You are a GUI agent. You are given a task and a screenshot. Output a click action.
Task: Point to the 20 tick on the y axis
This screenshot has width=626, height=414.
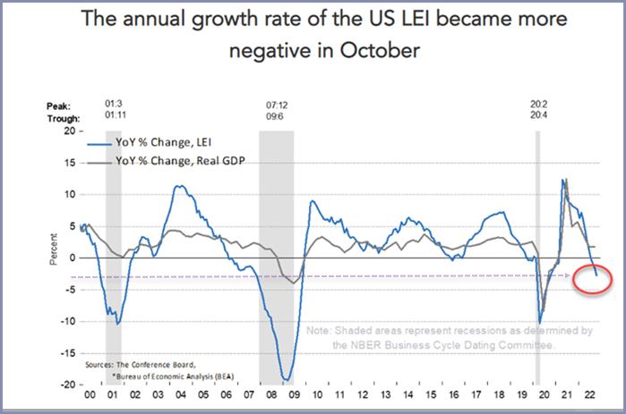(67, 131)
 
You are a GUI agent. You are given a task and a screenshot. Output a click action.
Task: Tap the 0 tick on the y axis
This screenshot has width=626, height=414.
(71, 258)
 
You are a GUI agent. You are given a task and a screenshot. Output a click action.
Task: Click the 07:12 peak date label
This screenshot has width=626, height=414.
(277, 104)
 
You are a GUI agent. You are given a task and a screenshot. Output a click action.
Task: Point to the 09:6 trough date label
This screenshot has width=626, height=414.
(277, 117)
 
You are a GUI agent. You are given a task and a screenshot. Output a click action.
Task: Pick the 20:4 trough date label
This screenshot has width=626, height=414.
(539, 117)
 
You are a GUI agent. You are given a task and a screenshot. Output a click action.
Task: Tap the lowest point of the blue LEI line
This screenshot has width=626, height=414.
(287, 380)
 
